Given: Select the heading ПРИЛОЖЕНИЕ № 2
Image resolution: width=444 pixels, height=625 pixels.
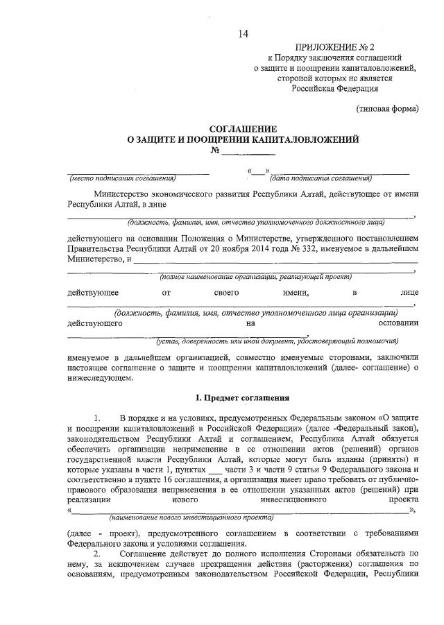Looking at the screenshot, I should (338, 46).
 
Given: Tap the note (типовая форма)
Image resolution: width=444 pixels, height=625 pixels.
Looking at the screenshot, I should (387, 109).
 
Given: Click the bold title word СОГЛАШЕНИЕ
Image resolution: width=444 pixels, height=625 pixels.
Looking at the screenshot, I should (243, 129).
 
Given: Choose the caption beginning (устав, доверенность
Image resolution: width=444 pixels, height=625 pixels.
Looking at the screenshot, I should (277, 341).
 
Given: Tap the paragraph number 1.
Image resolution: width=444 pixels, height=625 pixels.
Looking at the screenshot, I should (97, 418).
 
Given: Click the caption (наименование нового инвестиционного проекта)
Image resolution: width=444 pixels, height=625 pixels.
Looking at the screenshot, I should (191, 517).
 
